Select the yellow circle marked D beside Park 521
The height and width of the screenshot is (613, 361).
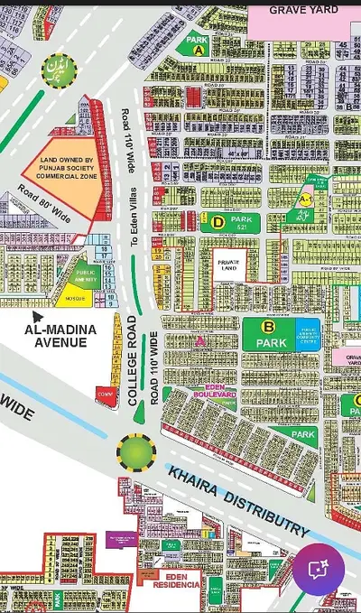pos(217,219)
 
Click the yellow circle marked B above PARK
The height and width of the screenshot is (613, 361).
pos(267,327)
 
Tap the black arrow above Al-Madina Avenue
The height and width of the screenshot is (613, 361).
pos(38,316)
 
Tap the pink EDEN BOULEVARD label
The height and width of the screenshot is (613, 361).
pos(215,393)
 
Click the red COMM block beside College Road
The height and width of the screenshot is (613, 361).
pos(105,394)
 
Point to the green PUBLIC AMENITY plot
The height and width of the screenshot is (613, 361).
pos(86,277)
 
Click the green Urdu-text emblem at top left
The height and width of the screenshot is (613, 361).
pos(55,65)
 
